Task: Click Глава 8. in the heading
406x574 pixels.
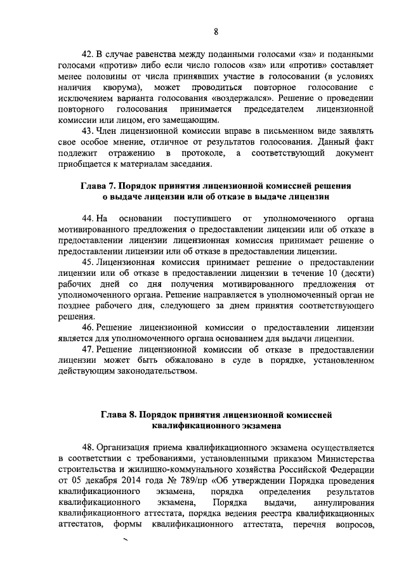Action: click(119, 414)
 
